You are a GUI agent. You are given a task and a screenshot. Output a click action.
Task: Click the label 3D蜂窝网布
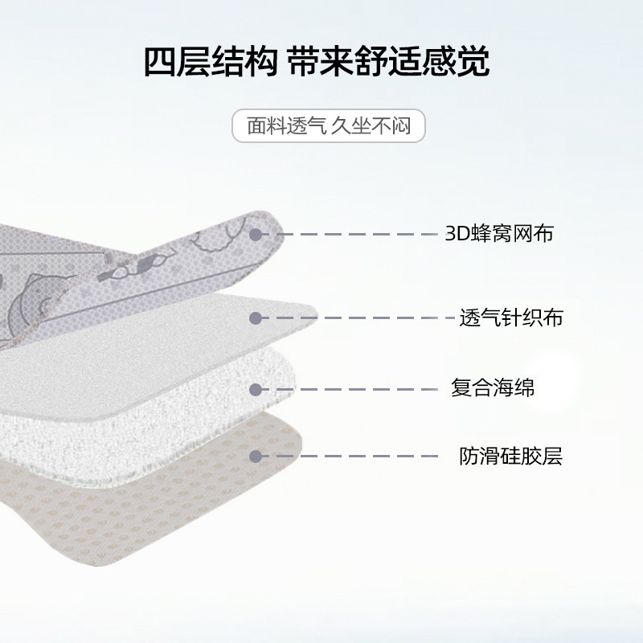coord(499,234)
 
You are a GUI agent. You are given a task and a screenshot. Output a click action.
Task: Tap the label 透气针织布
coord(510,317)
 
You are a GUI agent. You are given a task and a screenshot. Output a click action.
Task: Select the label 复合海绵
coord(493,388)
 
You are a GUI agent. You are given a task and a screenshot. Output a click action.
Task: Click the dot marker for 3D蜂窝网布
coord(256,235)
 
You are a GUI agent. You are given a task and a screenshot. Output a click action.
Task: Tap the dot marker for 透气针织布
coord(256,318)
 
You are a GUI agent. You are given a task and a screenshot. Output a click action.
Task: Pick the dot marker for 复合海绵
coord(256,389)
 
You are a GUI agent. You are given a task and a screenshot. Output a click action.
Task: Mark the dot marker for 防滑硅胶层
coord(256,457)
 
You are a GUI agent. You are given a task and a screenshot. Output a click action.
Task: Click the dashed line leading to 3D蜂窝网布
coord(354,235)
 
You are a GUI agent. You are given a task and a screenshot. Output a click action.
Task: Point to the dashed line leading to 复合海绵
coord(354,389)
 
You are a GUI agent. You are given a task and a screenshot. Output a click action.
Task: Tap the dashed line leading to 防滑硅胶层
coord(354,457)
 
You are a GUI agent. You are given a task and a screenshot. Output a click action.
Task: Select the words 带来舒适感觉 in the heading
coord(389,62)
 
